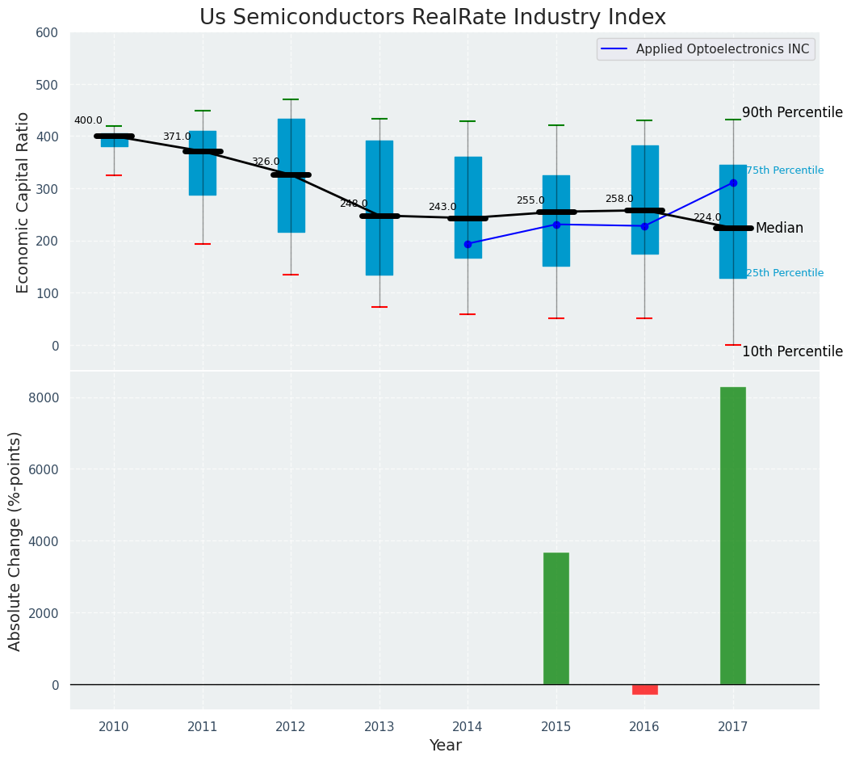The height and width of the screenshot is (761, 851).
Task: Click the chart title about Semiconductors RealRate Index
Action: point(433,18)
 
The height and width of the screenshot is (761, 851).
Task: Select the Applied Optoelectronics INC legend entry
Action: point(722,49)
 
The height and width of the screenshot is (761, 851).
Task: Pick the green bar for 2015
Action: point(555,618)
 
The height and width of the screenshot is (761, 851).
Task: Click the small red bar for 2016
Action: point(644,689)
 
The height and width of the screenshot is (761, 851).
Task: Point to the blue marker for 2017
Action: point(733,183)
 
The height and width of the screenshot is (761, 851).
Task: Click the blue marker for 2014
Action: point(467,244)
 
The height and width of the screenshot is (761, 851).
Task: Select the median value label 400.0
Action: point(88,121)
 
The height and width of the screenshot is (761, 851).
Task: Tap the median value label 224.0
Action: point(707,218)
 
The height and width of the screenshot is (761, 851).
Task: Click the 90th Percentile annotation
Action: point(791,113)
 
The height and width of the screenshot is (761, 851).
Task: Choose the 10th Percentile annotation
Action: point(791,352)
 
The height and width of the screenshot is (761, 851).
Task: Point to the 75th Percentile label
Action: point(784,171)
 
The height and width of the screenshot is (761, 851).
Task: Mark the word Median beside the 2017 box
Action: point(779,229)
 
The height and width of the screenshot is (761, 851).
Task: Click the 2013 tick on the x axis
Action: point(379,727)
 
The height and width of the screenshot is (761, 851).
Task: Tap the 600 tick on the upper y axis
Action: point(48,32)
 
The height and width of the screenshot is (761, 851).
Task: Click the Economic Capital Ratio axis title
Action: point(23,202)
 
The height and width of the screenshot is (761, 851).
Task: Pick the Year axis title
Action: point(445,746)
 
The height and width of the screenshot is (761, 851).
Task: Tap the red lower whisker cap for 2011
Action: point(203,244)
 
